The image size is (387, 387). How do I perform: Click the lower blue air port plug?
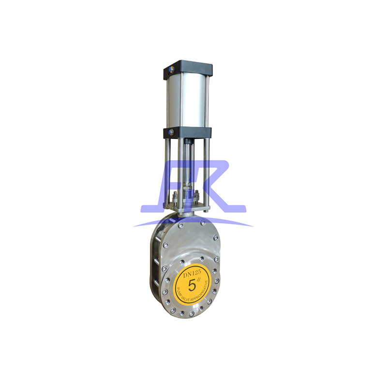tap(170, 131)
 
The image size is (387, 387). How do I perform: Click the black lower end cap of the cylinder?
tap(189, 132)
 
